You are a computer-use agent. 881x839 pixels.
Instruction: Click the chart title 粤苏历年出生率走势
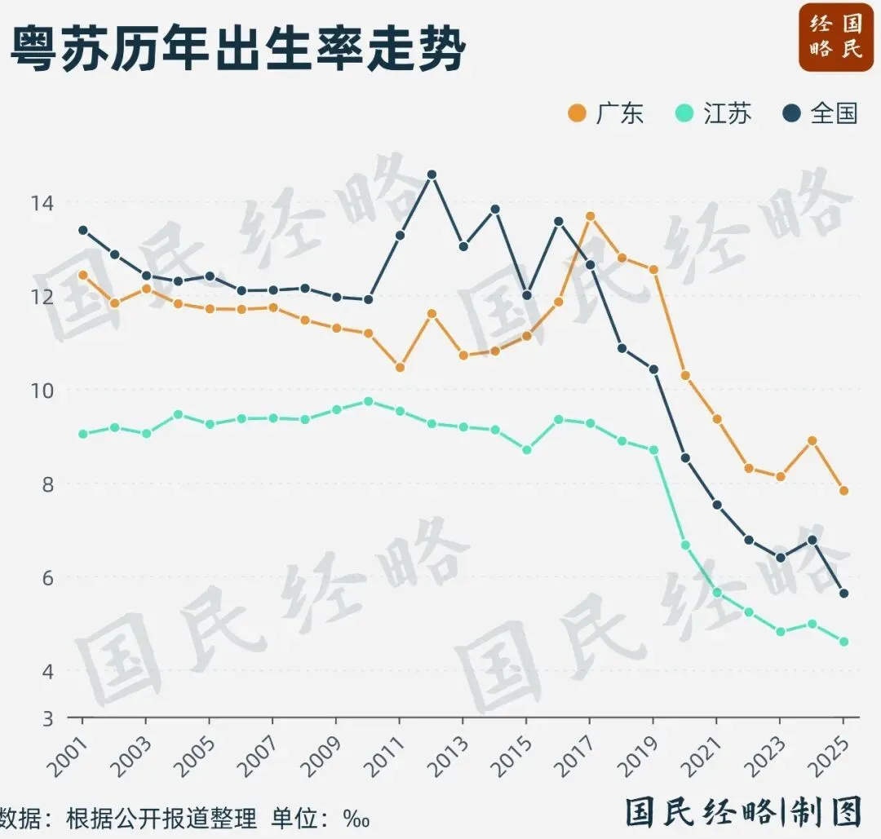[237, 51]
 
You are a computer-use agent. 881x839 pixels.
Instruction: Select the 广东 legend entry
[606, 113]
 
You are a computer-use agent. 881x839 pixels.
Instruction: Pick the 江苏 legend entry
[714, 113]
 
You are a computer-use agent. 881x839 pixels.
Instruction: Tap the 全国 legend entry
[821, 113]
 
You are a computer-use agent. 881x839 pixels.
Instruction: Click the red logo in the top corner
[835, 37]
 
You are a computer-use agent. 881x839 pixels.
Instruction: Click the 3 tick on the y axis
[46, 718]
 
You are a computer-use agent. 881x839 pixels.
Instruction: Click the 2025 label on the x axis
[830, 751]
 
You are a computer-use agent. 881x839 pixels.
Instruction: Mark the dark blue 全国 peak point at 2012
[432, 174]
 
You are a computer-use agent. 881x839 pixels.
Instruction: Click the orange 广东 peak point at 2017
[591, 216]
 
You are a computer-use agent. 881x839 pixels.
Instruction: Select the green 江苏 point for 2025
[844, 642]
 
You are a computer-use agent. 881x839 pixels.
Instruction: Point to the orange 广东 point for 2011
[400, 368]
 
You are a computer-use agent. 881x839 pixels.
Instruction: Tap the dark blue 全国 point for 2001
[82, 230]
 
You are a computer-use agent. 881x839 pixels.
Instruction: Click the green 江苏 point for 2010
[368, 401]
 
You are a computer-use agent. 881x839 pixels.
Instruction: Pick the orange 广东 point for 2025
[844, 491]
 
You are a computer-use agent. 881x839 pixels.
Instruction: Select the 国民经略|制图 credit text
[743, 812]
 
